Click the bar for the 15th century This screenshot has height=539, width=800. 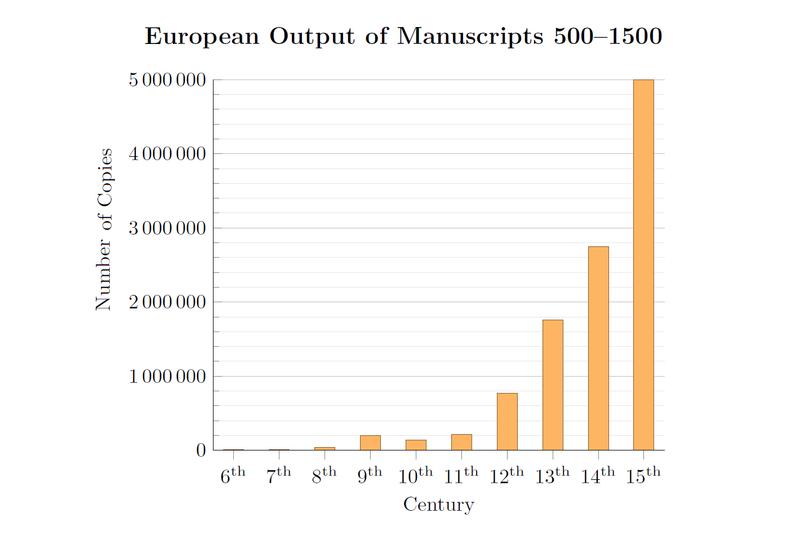click(x=643, y=265)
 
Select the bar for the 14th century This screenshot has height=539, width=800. click(x=598, y=348)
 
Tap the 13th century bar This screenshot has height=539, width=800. click(x=552, y=385)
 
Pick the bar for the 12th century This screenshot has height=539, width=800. click(x=507, y=422)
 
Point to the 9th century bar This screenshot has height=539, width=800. click(x=370, y=443)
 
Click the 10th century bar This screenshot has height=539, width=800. click(x=416, y=445)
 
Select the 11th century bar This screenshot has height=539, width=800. click(x=461, y=442)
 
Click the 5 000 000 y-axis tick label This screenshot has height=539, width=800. click(x=167, y=80)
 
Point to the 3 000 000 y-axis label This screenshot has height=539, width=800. click(x=167, y=228)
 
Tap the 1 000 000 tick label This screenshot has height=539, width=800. click(x=167, y=377)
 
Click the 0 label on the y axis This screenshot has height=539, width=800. click(x=201, y=450)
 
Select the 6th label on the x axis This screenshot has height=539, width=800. click(x=233, y=476)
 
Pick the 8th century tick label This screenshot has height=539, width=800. click(x=324, y=476)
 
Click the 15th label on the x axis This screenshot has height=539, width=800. click(x=643, y=476)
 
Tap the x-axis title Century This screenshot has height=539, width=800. click(x=438, y=505)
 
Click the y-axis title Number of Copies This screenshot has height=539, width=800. click(x=104, y=229)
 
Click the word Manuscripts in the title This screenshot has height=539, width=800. click(x=470, y=37)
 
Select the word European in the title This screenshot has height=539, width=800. click(x=202, y=37)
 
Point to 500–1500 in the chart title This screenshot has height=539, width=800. click(x=607, y=37)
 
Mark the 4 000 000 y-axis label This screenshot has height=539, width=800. click(x=167, y=154)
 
